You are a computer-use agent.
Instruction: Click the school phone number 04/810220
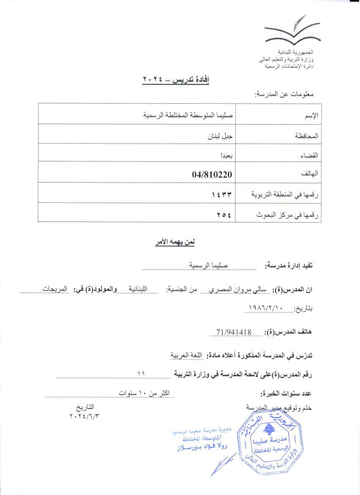pyautogui.click(x=212, y=174)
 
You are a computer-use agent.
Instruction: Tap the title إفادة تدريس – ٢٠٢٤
pyautogui.click(x=176, y=80)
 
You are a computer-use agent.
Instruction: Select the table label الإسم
pyautogui.click(x=311, y=116)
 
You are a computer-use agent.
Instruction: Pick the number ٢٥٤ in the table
pyautogui.click(x=224, y=214)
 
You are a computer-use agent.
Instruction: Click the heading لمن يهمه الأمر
pyautogui.click(x=174, y=243)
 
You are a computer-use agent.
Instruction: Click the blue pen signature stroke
pyautogui.click(x=224, y=464)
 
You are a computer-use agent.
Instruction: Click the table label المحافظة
pyautogui.click(x=306, y=136)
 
